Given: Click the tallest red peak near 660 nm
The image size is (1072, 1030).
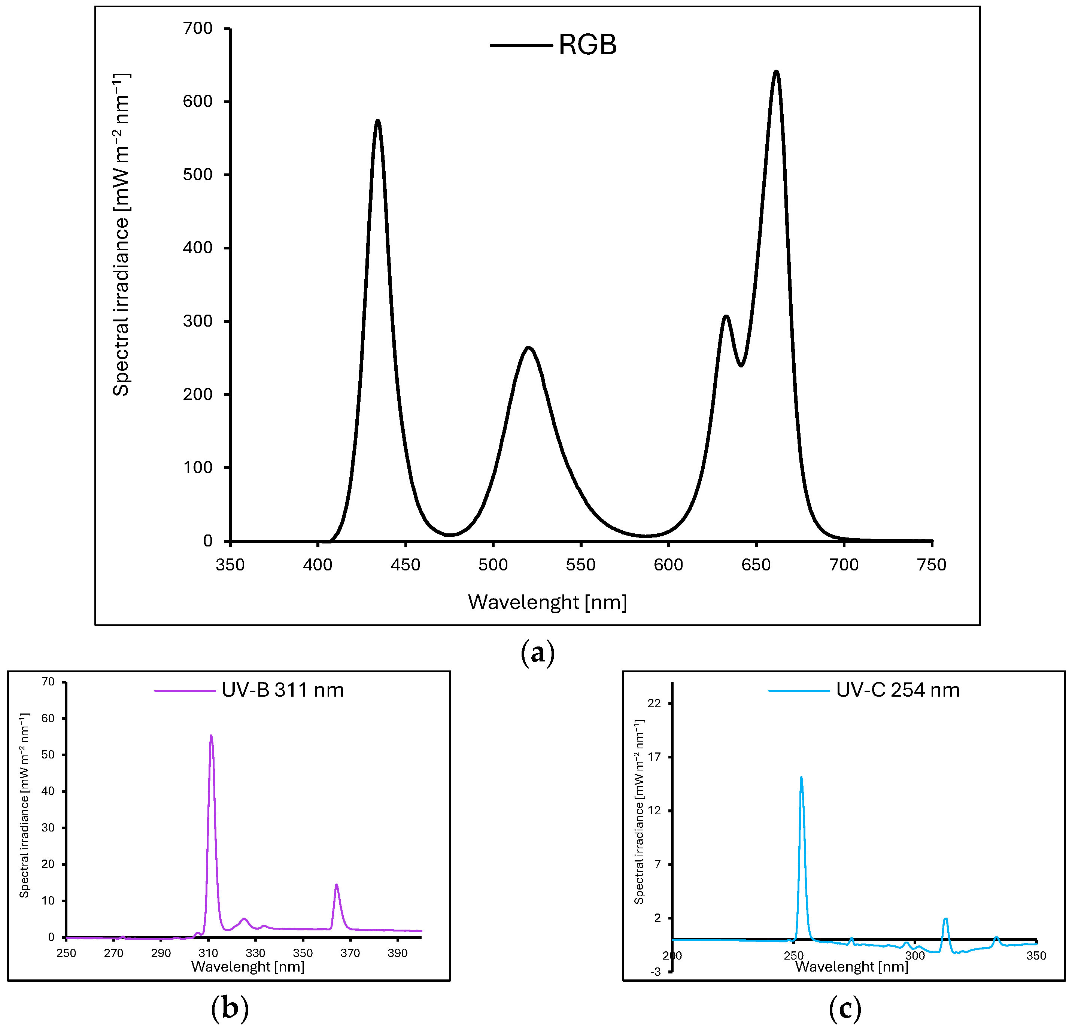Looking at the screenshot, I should point(775,72).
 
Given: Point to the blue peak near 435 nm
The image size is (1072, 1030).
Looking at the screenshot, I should point(377,121).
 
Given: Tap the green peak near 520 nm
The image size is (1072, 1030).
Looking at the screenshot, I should point(528,348).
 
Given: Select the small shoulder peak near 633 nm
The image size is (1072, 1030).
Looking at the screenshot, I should point(726,317).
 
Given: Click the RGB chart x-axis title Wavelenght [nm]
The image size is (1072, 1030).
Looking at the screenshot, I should point(547,602).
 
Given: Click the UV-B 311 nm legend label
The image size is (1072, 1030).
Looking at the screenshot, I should point(282,690).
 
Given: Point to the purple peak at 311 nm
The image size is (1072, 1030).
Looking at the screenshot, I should point(211,737).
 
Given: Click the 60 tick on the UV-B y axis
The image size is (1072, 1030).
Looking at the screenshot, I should point(48,719).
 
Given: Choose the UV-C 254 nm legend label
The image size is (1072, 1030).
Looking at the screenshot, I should point(898,690).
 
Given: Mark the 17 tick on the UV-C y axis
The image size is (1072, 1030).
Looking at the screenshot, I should point(654,757).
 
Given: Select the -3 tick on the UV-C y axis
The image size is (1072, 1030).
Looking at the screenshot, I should point(655,972).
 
